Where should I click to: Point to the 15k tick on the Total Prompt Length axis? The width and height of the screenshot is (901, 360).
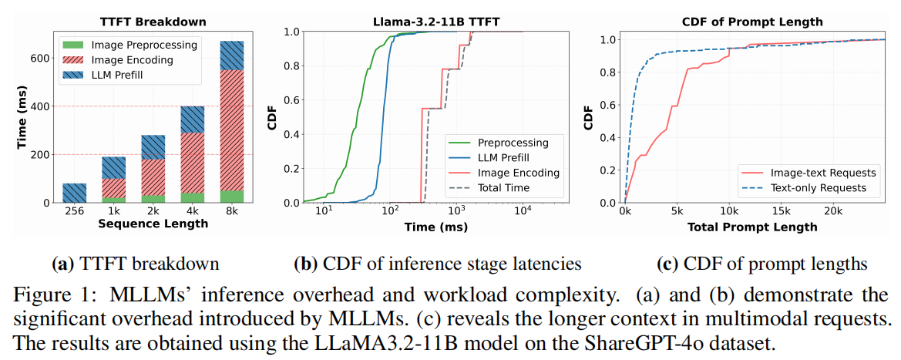(782, 212)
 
